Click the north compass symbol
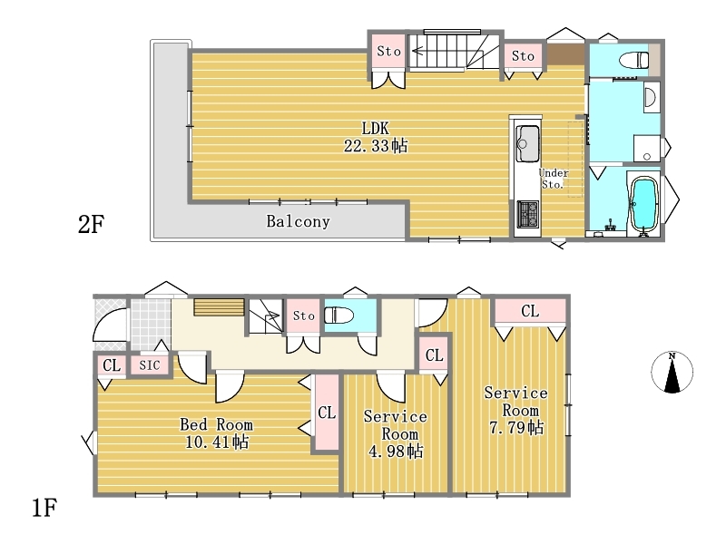(x=672, y=373)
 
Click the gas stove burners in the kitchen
(x=528, y=214)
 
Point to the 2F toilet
(x=633, y=60)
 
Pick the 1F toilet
(x=338, y=316)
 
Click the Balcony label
(x=299, y=221)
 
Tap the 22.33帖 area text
(x=376, y=146)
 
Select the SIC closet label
(x=150, y=365)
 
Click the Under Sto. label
(x=554, y=179)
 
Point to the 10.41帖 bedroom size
(x=217, y=442)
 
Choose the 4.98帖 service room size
(x=396, y=451)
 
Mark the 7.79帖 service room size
(x=516, y=427)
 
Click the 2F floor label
(x=92, y=225)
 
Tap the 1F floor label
(x=44, y=508)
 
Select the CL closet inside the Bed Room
(x=327, y=413)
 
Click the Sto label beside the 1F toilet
(x=304, y=316)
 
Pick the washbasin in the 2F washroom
(x=650, y=97)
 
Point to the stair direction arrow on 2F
(x=422, y=51)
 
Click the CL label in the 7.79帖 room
(x=530, y=311)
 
